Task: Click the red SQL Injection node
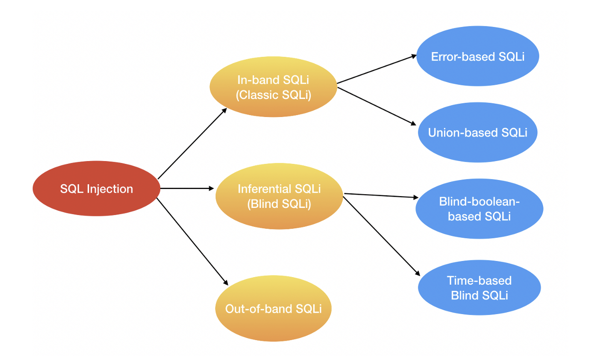pos(97,189)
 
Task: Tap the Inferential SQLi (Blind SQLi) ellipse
pos(279,196)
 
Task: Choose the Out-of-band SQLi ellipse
pos(273,308)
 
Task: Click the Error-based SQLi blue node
pos(478,56)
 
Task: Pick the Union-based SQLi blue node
pos(478,133)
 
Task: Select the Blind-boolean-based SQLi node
pos(479,209)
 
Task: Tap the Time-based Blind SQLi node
pos(479,288)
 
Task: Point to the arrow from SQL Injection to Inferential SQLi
pos(187,189)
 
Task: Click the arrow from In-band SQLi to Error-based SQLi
pos(377,69)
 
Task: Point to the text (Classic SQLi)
pos(273,95)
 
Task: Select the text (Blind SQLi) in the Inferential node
pos(279,205)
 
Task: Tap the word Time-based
pos(479,280)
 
